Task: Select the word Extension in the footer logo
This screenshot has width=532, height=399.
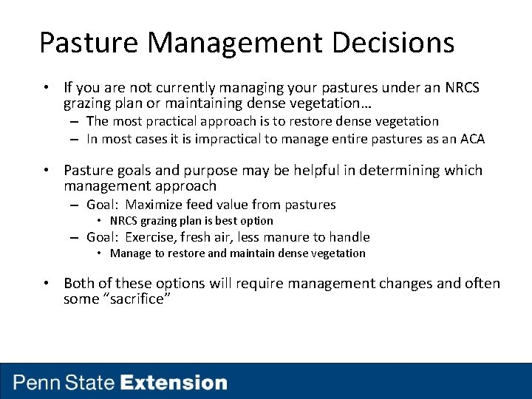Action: (x=174, y=383)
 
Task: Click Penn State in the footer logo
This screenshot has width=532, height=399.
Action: (x=64, y=383)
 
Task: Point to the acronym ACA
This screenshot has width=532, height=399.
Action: (x=472, y=139)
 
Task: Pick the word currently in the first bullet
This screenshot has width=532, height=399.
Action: (x=177, y=89)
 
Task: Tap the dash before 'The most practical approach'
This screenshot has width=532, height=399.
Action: (x=75, y=121)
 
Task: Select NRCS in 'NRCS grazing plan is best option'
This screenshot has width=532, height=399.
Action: (x=125, y=221)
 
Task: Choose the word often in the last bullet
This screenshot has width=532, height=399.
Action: (x=482, y=284)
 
